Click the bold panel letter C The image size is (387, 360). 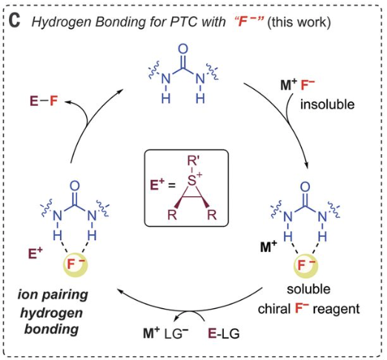coord(14,20)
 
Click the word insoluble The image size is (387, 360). coord(327,104)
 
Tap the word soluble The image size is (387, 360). coord(308,289)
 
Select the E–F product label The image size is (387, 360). coord(44,101)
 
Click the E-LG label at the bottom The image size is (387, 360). coord(224,333)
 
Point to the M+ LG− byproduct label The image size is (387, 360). coord(166,333)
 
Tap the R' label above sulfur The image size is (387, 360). coord(193,161)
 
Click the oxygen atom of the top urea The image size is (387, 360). coord(183,49)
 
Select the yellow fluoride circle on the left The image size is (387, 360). coord(76,264)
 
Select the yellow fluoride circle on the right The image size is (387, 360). coord(305,266)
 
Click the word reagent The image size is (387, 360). coord(337,309)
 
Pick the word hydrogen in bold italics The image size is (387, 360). coord(51,313)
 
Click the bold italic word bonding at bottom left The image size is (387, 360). coord(51,330)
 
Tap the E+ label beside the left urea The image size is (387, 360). coord(35,253)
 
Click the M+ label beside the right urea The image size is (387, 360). coord(268,246)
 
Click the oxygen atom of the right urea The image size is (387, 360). coord(305,187)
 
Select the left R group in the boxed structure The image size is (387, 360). coord(172,215)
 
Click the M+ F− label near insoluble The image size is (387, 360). coord(297,84)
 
